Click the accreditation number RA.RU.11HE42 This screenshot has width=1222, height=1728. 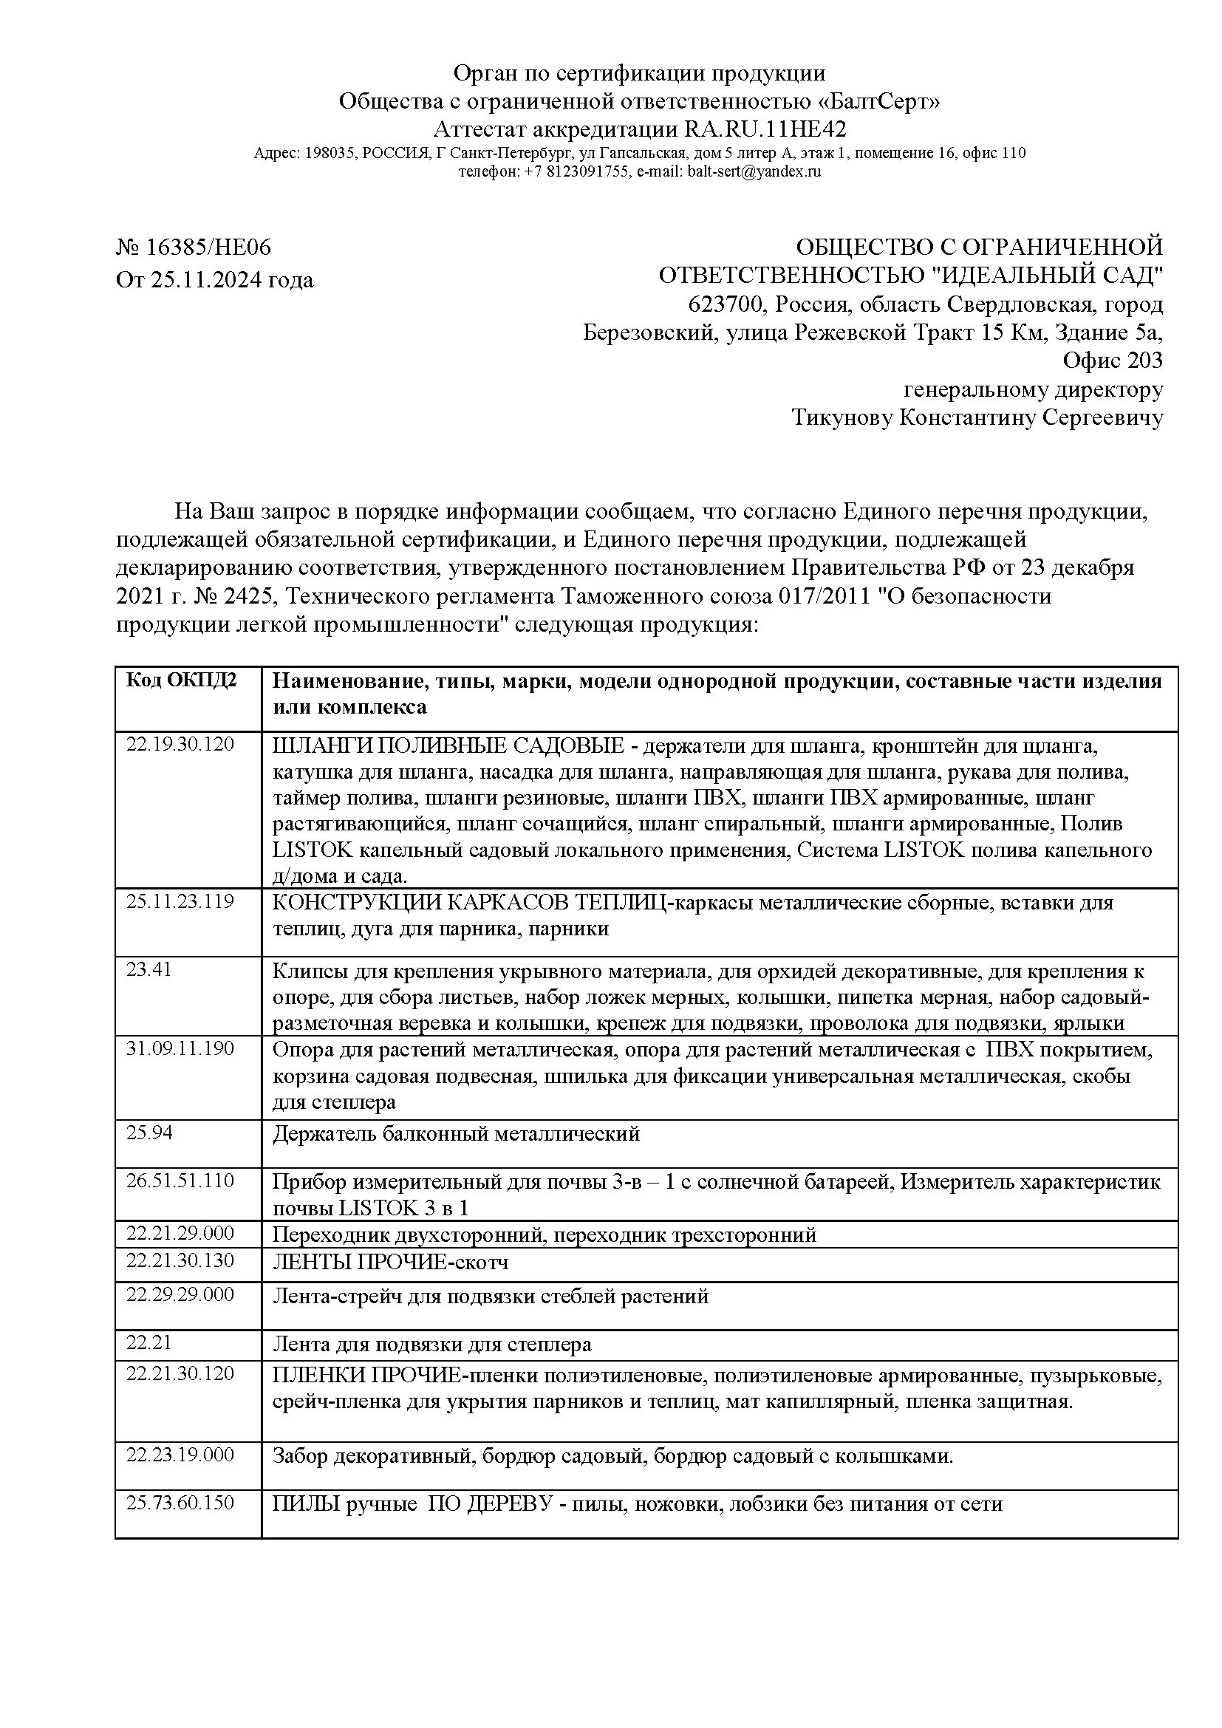764,129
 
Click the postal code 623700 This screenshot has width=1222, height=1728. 728,305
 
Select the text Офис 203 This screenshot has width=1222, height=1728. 1112,361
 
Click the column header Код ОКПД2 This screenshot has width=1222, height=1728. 180,680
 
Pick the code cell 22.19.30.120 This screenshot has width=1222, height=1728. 180,745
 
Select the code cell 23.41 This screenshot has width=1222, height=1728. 149,969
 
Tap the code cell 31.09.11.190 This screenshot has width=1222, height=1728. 180,1048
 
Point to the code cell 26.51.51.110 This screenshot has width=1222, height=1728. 180,1180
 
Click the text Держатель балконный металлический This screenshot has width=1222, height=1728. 455,1133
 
